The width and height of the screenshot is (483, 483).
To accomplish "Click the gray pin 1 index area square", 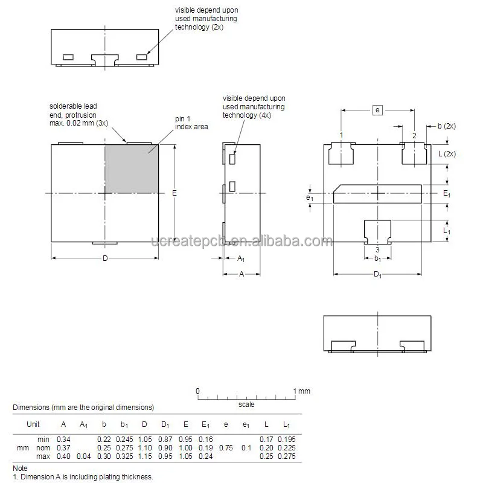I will (x=132, y=167).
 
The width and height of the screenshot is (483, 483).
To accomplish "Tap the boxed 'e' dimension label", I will (x=377, y=110).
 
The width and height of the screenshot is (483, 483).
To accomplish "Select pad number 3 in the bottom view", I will (x=377, y=230).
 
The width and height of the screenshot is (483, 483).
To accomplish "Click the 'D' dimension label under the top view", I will (x=104, y=258).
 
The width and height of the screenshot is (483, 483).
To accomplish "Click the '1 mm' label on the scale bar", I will (x=302, y=391).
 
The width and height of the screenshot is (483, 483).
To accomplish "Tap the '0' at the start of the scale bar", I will (x=197, y=391).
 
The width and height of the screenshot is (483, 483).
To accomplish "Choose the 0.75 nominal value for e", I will (x=226, y=447).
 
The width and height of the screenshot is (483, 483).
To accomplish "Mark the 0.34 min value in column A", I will (x=63, y=439).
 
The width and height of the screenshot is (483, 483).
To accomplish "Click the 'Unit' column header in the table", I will (x=33, y=424).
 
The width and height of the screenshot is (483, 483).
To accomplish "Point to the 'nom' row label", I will (x=42, y=447).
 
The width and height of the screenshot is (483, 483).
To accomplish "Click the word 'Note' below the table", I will (x=20, y=468).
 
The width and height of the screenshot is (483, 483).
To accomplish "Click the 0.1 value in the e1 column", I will (x=246, y=447).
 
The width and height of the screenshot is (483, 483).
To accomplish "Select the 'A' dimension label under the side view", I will (x=241, y=273).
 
